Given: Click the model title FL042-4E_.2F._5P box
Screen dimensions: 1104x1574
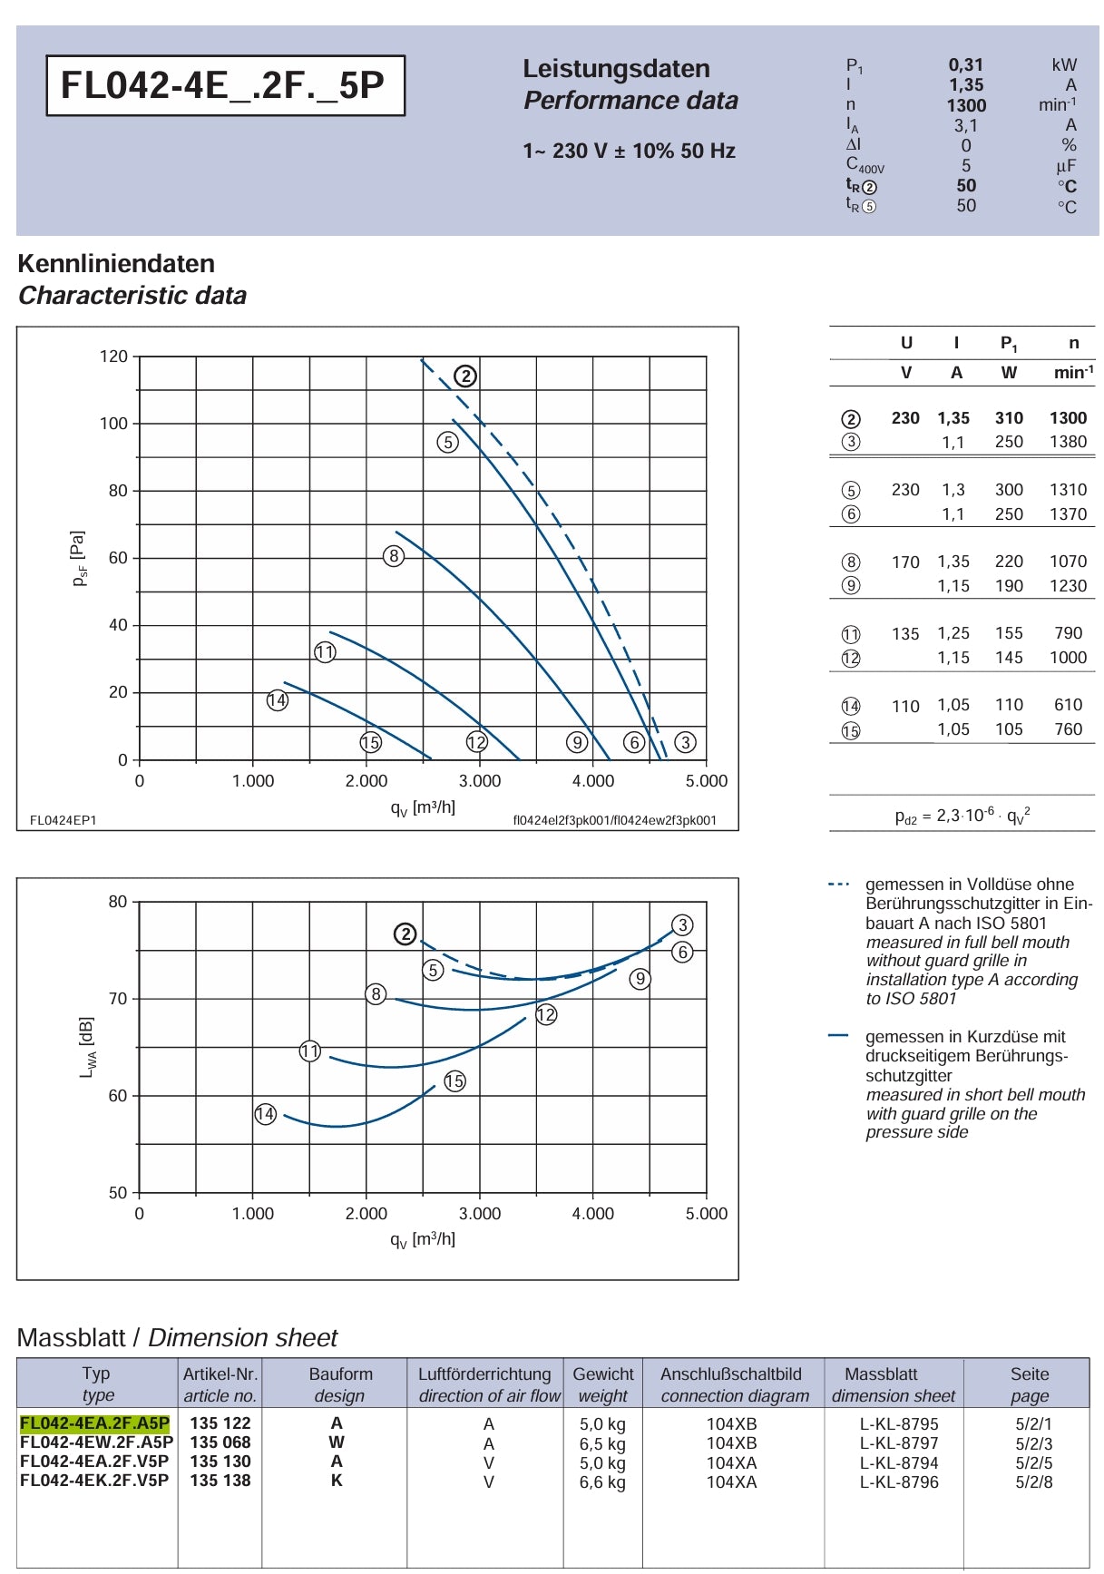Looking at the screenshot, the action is pos(225,85).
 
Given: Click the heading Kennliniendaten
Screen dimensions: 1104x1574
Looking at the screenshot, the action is pos(116,264).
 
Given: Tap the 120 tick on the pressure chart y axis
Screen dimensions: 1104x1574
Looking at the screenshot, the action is pos(113,357).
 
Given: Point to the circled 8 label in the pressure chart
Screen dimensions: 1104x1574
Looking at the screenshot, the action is pos(393,556).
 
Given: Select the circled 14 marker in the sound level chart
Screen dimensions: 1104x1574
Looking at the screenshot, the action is pos(265,1114).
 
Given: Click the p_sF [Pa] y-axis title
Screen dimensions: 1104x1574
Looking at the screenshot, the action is pos(79,558).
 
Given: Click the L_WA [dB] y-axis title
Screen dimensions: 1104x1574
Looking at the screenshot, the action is pos(87,1047).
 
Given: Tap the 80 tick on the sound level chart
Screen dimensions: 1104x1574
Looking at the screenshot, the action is pos(118,902).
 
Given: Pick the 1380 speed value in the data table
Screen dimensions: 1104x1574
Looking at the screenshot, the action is pos(1068,442).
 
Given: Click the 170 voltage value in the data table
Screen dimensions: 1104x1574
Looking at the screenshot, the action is pos(905,562).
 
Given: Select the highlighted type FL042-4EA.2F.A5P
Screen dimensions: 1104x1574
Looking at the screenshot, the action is pos(94,1423).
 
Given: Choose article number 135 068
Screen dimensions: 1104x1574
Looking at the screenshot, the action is pos(220,1442).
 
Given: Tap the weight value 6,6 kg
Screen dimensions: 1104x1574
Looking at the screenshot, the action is pos(602,1482).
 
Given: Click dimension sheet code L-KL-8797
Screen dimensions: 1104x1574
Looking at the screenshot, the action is pos(899,1443).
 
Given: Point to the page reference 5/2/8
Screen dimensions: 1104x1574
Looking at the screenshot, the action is pos(1034,1482).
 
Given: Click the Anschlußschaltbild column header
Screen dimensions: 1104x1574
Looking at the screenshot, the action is pos(731,1374).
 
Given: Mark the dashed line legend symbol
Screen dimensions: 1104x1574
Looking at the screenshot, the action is pos(839,884).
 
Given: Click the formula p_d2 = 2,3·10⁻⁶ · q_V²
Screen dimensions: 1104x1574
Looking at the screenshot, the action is pos(962,816).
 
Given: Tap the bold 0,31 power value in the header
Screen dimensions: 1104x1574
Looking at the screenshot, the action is pos(966,65).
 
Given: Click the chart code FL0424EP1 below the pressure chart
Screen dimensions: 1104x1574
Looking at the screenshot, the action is pos(64,820).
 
